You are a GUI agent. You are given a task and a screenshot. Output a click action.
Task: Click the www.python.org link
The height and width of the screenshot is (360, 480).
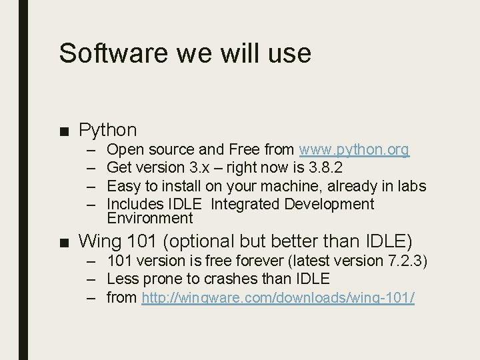pos(355,149)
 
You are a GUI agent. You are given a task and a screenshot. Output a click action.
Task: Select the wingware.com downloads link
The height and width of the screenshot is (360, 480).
pos(278,298)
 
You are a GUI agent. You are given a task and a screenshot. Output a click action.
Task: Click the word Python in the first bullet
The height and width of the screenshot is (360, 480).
pos(107,129)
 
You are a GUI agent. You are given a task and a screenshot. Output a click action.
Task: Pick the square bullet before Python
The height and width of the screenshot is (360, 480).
pos(66,130)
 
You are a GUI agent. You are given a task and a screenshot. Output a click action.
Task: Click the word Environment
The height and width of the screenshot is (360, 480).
pos(149,218)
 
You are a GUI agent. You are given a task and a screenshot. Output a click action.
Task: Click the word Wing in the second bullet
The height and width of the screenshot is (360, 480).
pos(99,240)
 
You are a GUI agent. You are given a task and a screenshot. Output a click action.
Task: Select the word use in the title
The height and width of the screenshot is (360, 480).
pos(290,53)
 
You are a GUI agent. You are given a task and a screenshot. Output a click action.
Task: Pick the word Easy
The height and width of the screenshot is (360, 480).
pos(123,185)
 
